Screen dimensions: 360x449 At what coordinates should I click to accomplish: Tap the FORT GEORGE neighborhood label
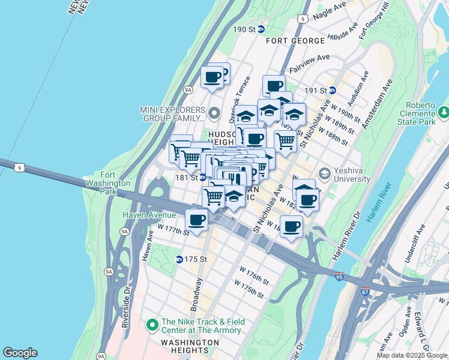coord(297,40)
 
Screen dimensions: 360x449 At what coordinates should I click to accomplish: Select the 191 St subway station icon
coord(332,91)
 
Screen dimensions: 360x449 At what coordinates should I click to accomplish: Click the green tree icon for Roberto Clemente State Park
coord(444,112)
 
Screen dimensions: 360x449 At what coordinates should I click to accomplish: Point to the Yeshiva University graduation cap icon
coord(325,174)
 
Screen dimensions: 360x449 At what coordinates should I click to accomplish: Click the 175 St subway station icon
coord(179,259)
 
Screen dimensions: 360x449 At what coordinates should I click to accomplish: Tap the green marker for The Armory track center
coord(152,325)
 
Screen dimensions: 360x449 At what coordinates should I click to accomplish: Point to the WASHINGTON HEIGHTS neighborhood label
coord(190,342)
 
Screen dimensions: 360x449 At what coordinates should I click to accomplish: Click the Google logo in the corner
coord(20,353)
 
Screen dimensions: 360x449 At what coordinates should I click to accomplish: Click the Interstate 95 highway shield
coord(340,276)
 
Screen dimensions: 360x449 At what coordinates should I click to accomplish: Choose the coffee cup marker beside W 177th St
coord(196,220)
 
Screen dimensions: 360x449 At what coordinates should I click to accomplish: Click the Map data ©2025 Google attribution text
coord(412,355)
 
